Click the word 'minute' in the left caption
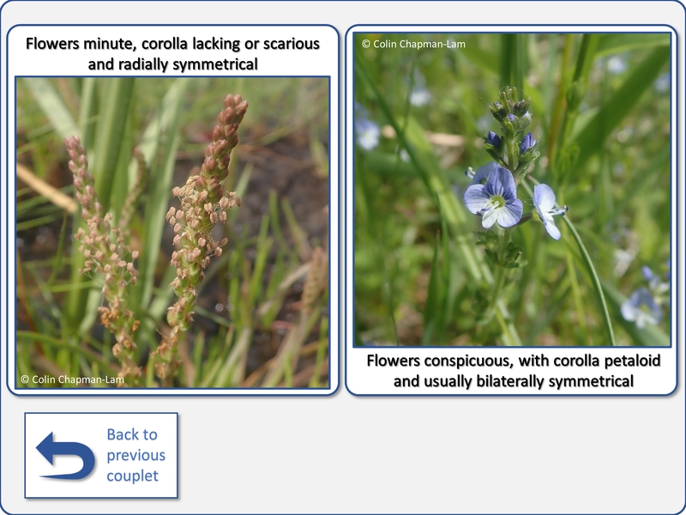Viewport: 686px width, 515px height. [x=110, y=44]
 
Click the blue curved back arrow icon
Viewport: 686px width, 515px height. [x=66, y=456]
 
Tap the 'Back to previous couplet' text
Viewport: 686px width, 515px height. [x=135, y=455]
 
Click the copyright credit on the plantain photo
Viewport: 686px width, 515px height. [x=73, y=379]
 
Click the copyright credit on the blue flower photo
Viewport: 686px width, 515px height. [x=414, y=44]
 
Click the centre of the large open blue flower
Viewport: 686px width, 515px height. [x=497, y=202]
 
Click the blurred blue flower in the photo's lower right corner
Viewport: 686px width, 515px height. [x=641, y=306]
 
